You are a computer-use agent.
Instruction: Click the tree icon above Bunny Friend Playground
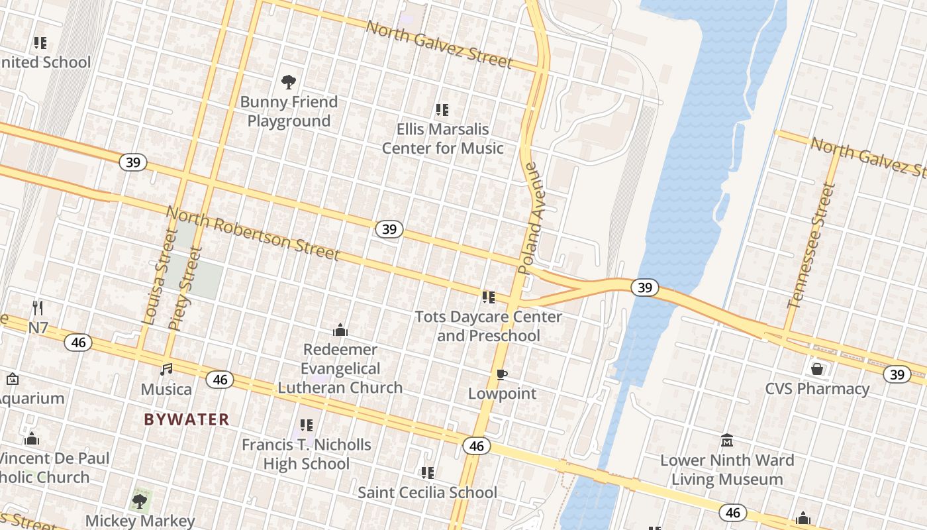pyautogui.click(x=288, y=82)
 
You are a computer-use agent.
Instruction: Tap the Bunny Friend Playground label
pyautogui.click(x=289, y=111)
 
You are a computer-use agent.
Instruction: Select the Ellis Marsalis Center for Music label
pyautogui.click(x=442, y=138)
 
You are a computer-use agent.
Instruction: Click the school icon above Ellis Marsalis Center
pyautogui.click(x=442, y=110)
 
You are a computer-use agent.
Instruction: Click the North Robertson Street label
pyautogui.click(x=252, y=233)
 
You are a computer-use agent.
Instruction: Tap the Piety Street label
pyautogui.click(x=185, y=289)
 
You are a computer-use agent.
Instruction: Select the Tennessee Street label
pyautogui.click(x=812, y=246)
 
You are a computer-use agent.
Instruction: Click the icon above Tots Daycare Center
pyautogui.click(x=489, y=297)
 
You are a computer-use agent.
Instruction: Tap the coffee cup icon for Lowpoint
pyautogui.click(x=502, y=375)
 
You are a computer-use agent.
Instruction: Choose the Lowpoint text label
pyautogui.click(x=502, y=394)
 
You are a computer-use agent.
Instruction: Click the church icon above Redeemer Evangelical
pyautogui.click(x=340, y=330)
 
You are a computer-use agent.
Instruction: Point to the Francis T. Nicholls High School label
pyautogui.click(x=306, y=454)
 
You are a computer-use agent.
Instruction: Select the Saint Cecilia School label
pyautogui.click(x=427, y=492)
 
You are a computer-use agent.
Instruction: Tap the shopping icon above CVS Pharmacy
pyautogui.click(x=817, y=368)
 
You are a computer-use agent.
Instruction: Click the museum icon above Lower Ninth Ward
pyautogui.click(x=727, y=440)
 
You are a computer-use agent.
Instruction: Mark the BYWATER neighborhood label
pyautogui.click(x=187, y=419)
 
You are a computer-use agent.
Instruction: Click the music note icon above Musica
pyautogui.click(x=166, y=369)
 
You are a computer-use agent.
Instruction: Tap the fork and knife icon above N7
pyautogui.click(x=38, y=308)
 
